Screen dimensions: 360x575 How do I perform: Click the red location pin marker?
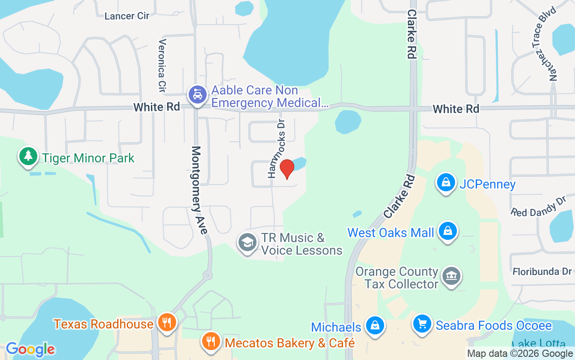click(x=287, y=169)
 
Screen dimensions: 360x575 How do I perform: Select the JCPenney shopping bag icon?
click(x=446, y=183)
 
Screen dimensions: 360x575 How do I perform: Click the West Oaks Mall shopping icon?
click(x=447, y=231)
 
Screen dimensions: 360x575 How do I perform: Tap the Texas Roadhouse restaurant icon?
click(x=167, y=323)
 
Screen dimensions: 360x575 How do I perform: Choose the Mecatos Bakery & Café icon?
click(x=210, y=342)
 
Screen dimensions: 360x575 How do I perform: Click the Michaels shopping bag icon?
click(x=374, y=325)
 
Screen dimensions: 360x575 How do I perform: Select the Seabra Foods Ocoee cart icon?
click(x=422, y=324)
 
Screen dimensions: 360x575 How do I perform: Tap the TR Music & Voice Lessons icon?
click(x=247, y=243)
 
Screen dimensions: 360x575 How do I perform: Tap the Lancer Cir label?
click(x=127, y=16)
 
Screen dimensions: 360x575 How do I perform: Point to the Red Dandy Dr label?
click(x=539, y=206)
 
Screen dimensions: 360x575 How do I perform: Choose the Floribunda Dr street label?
click(x=542, y=272)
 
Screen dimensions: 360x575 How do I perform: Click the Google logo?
click(x=30, y=349)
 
